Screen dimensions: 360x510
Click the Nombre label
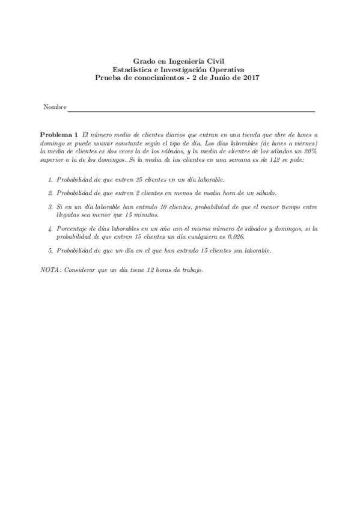55,107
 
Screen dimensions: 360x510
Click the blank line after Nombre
191,111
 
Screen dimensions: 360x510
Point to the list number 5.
50,250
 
